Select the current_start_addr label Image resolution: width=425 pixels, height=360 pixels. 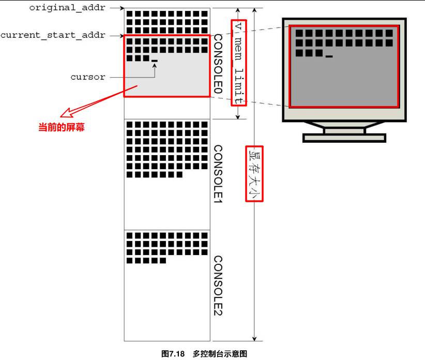coord(53,35)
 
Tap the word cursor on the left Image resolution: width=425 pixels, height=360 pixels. coord(88,77)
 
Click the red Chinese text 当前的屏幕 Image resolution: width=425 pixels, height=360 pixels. coord(62,127)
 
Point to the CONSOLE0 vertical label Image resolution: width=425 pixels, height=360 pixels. coord(218,65)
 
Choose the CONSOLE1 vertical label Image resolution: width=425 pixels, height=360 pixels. coord(218,174)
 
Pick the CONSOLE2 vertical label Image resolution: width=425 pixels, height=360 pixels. coord(218,285)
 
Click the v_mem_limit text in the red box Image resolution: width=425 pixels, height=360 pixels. coord(238,62)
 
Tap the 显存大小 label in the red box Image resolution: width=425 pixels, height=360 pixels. coord(254,173)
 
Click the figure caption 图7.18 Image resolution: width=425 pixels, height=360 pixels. coord(173,354)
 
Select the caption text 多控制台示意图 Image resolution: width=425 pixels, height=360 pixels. coord(220,354)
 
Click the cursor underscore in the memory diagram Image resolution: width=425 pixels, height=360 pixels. coord(154,61)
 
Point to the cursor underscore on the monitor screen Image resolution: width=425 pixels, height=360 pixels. coord(329,56)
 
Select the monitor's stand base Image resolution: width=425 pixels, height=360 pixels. coord(344,138)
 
